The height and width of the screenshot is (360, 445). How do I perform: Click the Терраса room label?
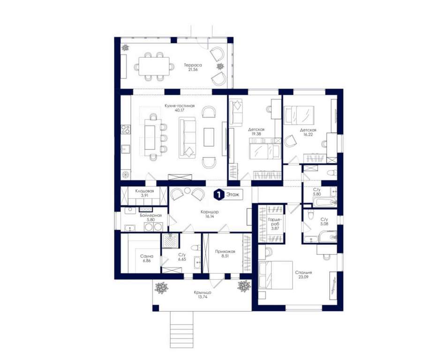(x=193, y=65)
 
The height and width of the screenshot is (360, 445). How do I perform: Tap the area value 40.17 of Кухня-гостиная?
(x=180, y=110)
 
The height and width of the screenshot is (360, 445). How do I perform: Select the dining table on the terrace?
(x=154, y=67)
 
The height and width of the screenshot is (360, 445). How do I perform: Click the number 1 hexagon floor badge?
(x=218, y=195)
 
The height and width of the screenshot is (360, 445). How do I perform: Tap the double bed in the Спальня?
(x=276, y=275)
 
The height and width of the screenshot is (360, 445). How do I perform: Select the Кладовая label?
(x=144, y=191)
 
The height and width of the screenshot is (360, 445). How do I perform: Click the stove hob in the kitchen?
(x=126, y=130)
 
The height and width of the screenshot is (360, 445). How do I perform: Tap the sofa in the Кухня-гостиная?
(x=187, y=138)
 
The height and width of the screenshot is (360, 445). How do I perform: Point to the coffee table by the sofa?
(x=209, y=137)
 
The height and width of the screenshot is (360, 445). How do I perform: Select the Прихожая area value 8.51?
(x=225, y=255)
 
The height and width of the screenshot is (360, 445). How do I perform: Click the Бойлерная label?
(x=151, y=215)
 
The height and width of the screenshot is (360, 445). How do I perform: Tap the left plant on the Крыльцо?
(x=161, y=288)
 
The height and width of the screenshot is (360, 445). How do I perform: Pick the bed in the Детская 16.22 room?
(x=299, y=115)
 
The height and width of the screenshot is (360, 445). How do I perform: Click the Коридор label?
(x=210, y=212)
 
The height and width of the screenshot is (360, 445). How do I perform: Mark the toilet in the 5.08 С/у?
(x=311, y=215)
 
